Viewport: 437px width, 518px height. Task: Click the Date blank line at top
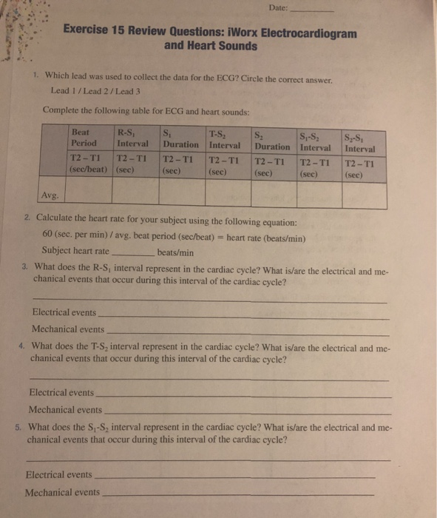[x=315, y=13]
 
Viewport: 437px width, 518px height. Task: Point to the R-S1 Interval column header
[x=132, y=138]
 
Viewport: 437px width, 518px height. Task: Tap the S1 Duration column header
[x=180, y=138]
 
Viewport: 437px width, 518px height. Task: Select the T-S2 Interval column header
[x=227, y=139]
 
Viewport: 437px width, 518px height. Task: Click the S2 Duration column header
[x=271, y=140]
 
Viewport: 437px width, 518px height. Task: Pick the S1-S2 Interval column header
[x=316, y=141]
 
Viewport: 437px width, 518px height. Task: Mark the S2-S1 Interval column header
[x=360, y=141]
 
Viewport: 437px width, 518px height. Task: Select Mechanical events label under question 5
[x=62, y=493]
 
